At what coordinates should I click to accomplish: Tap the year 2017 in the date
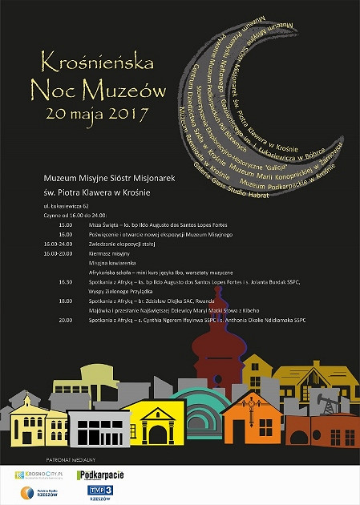tap(127, 113)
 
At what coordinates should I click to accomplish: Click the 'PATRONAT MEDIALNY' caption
tap(70, 460)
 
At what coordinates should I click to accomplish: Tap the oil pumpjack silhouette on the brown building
tap(327, 398)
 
